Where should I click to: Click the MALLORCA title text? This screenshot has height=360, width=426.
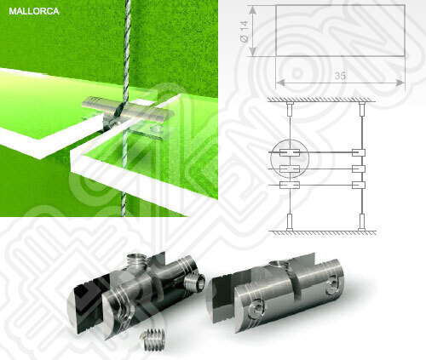click(34, 11)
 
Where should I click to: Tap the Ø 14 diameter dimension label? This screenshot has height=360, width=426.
click(245, 31)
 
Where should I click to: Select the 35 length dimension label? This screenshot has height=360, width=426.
click(340, 76)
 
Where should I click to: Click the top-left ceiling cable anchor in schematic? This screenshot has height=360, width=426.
click(290, 109)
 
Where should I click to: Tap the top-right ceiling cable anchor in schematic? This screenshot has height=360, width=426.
click(361, 109)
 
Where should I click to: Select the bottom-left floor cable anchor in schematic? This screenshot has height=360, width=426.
click(290, 222)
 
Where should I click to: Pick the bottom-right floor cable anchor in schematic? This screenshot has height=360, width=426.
click(361, 222)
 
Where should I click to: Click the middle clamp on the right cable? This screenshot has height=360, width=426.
click(359, 169)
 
